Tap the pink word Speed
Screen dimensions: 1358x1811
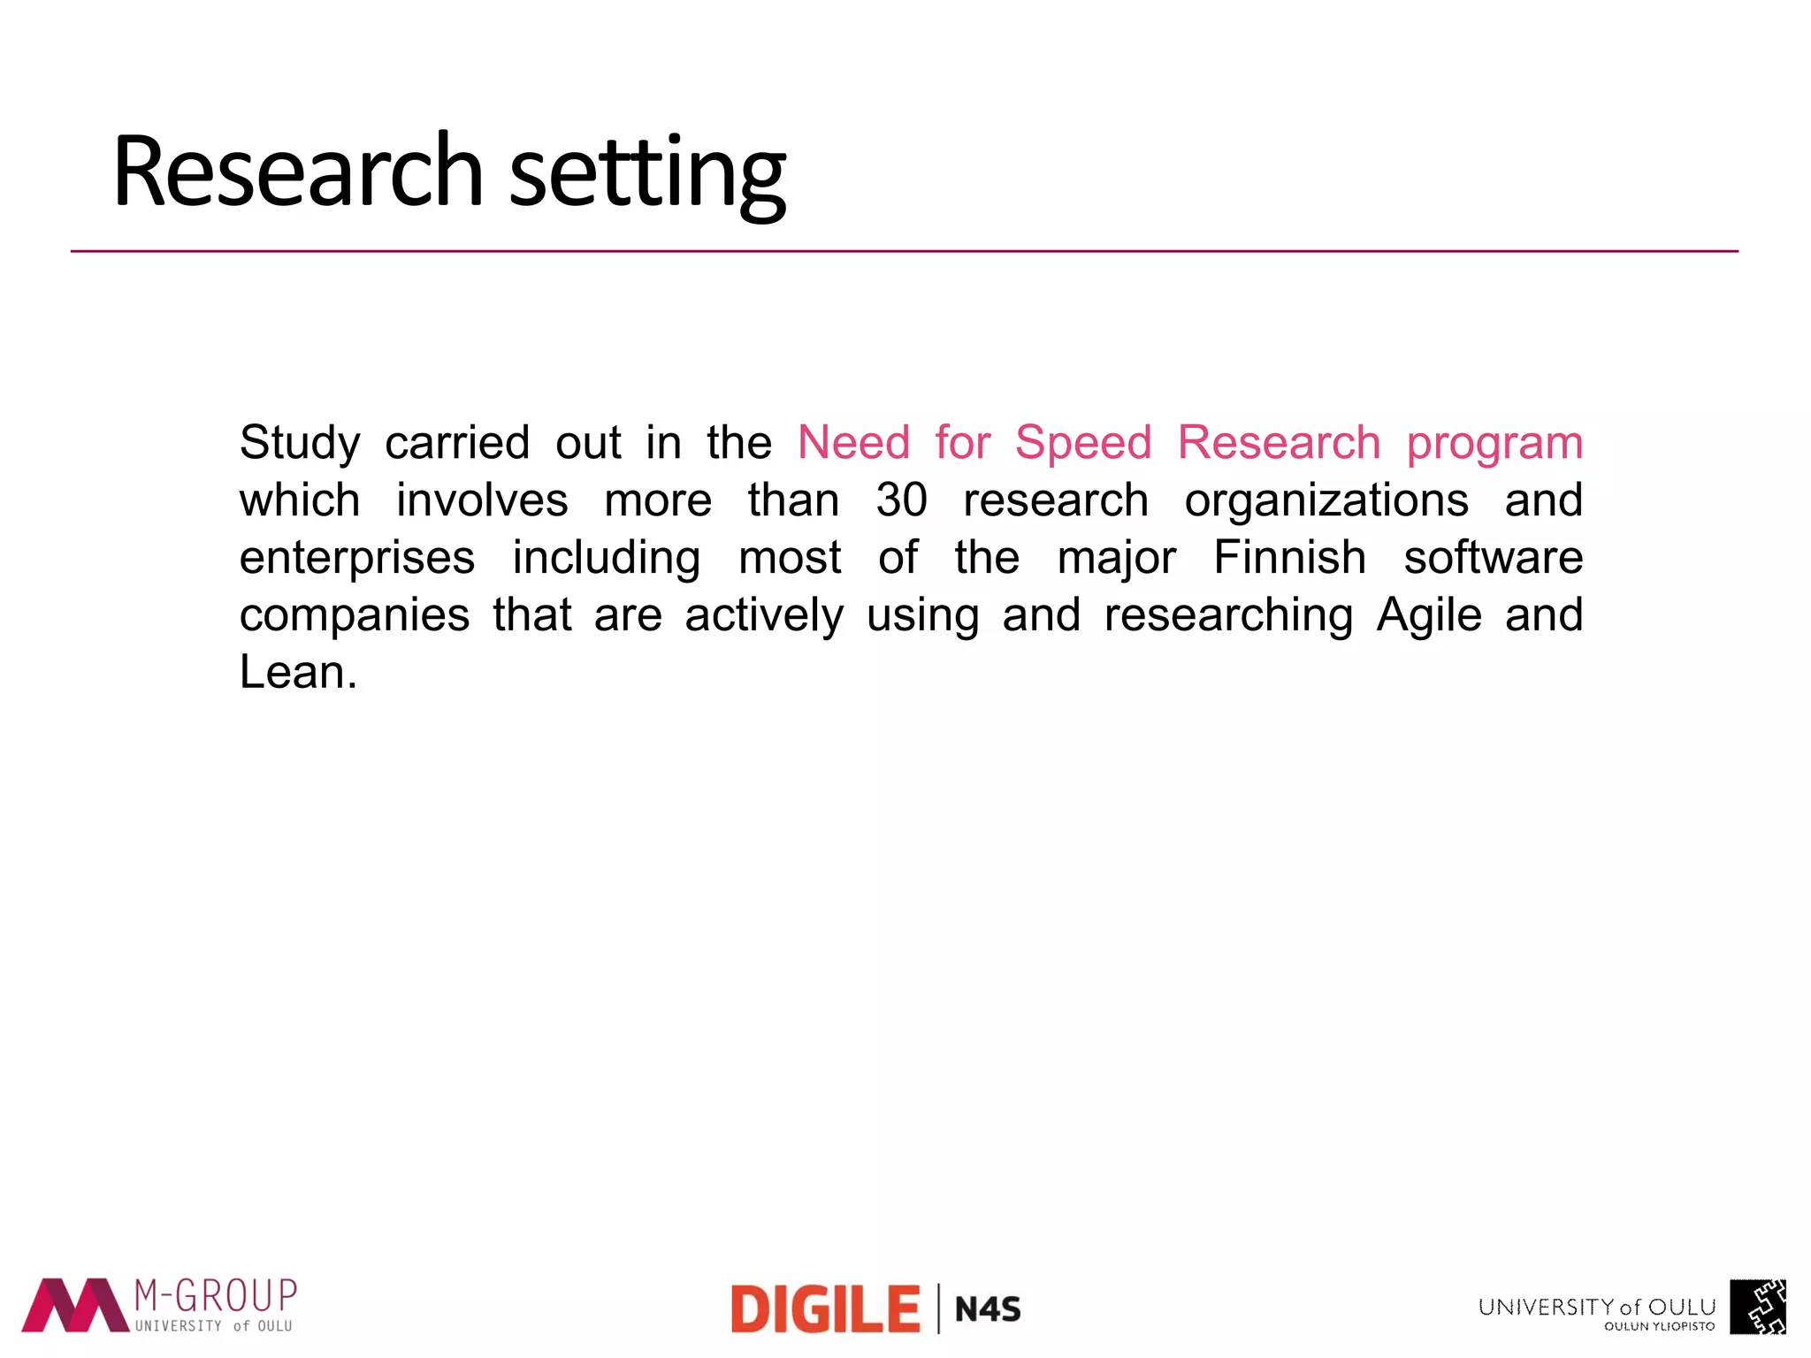click(x=1082, y=442)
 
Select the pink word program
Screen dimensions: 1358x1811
click(x=1494, y=444)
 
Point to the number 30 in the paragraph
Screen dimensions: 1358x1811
click(x=901, y=500)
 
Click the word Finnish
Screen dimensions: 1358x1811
click(x=1289, y=558)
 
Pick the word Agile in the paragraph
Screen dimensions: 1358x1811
click(x=1428, y=615)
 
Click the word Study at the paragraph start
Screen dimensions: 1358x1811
click(x=300, y=444)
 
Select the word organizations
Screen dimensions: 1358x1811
click(x=1326, y=501)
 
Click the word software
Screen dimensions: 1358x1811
click(x=1493, y=558)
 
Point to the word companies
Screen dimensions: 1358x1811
click(x=354, y=616)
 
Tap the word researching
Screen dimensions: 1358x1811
click(x=1228, y=616)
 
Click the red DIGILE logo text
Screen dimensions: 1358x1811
click(x=825, y=1309)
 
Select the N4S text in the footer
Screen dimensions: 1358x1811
click(x=988, y=1309)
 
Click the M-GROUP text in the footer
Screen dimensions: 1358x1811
click(x=215, y=1296)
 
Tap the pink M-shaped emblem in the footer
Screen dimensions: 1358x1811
click(x=74, y=1305)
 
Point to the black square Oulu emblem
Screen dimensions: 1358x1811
click(x=1758, y=1307)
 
